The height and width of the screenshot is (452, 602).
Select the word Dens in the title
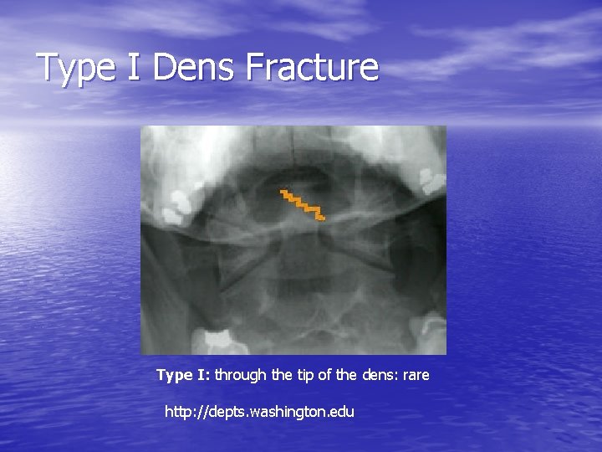pos(194,67)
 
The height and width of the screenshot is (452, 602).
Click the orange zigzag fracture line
pos(303,204)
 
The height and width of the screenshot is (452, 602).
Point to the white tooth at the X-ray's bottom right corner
pos(432,331)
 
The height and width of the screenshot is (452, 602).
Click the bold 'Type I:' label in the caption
pos(183,375)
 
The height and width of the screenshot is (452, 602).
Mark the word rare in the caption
pos(416,375)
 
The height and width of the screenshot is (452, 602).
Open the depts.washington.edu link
pos(260,412)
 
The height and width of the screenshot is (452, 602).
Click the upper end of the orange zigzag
pos(283,193)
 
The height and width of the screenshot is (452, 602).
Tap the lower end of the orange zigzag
pos(321,218)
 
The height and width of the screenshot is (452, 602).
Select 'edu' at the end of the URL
pos(342,412)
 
